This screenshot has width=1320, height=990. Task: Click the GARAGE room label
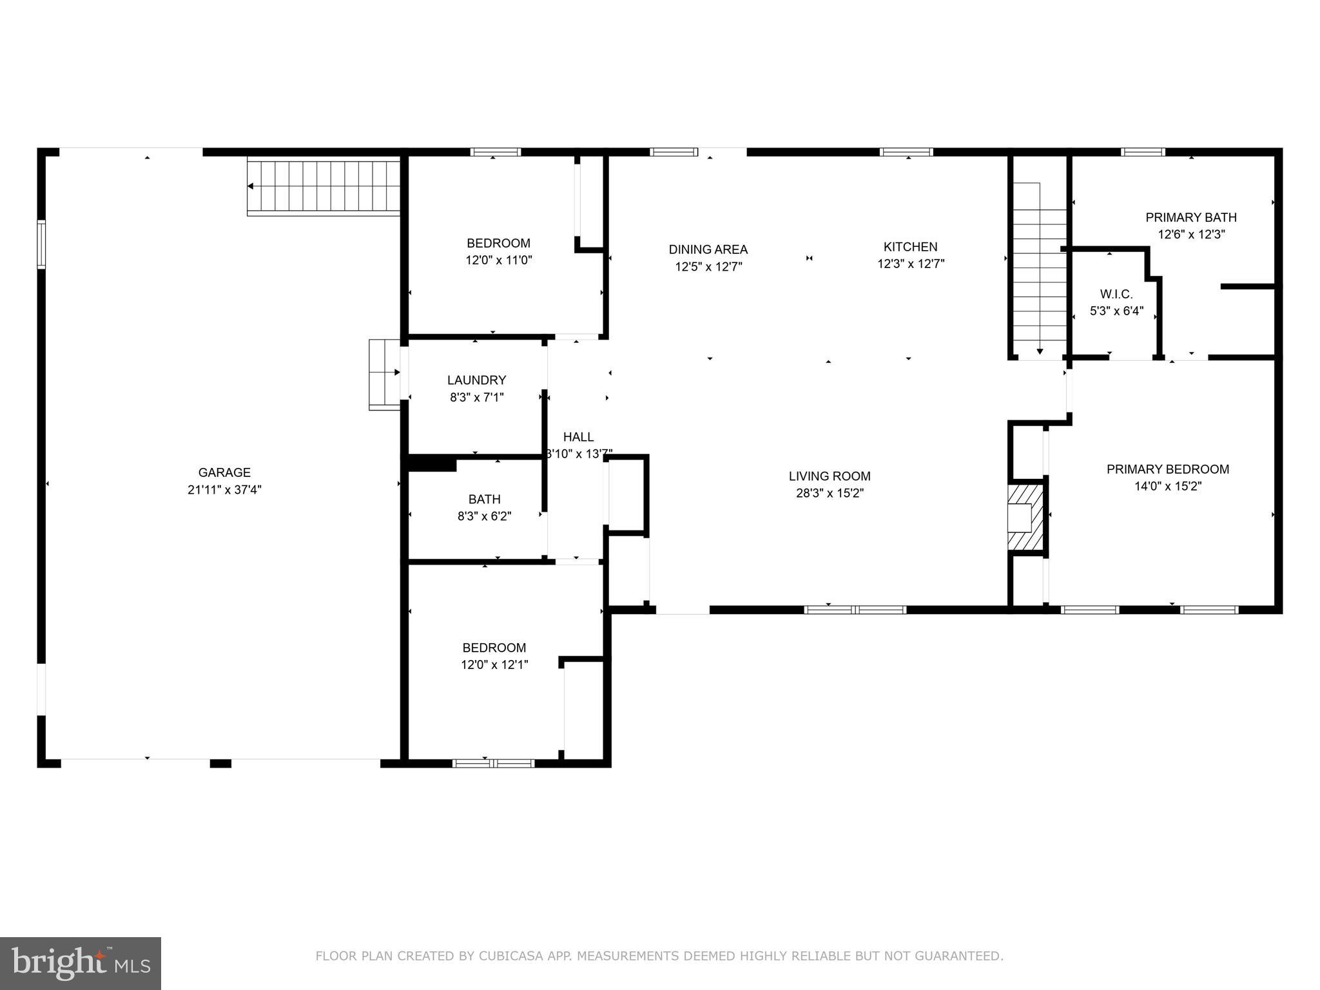[224, 472]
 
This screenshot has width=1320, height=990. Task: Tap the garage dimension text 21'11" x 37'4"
[224, 490]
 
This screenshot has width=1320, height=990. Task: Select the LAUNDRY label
[476, 380]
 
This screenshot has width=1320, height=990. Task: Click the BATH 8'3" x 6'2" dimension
[484, 516]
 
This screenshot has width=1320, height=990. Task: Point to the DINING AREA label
[708, 249]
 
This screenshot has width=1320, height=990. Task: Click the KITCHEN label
[910, 247]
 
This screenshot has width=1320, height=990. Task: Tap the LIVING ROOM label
[829, 476]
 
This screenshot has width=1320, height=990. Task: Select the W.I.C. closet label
[1116, 295]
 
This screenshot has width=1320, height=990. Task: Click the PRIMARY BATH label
[1190, 217]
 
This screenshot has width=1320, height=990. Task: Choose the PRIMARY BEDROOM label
[1167, 469]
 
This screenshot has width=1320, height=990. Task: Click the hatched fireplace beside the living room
[1025, 518]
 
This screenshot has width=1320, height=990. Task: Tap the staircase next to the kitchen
[1039, 271]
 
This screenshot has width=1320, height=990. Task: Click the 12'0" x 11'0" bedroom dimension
[498, 260]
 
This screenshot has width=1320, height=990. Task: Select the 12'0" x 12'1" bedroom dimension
[494, 665]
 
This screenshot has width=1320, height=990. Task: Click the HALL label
[578, 437]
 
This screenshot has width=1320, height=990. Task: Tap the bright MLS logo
[80, 963]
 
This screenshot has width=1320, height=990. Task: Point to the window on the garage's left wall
[41, 244]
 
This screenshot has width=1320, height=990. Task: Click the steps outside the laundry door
[384, 374]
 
